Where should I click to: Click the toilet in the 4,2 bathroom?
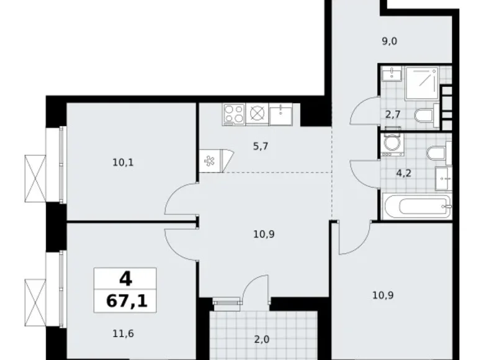[436, 151]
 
